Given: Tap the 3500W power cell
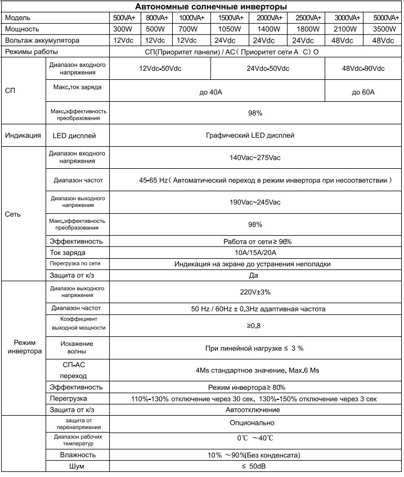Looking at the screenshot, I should tap(383, 29).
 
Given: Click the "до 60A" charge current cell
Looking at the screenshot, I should tap(363, 92).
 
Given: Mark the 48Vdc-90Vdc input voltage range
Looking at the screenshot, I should tap(363, 68).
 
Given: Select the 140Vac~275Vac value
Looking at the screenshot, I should tap(255, 157).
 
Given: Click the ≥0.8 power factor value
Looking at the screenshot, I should tap(254, 325).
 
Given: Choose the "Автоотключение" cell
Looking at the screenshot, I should tap(253, 409).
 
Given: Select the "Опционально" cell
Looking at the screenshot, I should tap(252, 422).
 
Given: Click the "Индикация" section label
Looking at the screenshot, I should tap(23, 136).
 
